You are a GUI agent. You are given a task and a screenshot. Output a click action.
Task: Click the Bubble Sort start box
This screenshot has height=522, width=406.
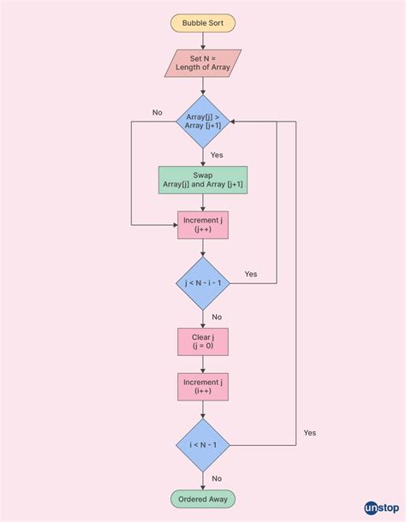point(203,23)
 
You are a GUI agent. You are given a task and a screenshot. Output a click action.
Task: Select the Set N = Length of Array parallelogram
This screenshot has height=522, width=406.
point(203,63)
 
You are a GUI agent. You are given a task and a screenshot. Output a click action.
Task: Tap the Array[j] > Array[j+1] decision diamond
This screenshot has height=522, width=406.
point(203,121)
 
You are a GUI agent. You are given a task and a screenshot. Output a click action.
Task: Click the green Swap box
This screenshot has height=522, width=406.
point(203,180)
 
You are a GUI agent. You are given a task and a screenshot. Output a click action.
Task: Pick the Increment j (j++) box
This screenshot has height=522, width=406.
point(203,225)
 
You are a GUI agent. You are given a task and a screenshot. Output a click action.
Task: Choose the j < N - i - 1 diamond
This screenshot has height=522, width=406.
point(203,283)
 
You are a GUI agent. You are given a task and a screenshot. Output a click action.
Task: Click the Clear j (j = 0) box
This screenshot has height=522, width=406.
point(203,341)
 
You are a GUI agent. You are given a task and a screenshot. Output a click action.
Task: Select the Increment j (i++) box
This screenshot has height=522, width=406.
point(203,387)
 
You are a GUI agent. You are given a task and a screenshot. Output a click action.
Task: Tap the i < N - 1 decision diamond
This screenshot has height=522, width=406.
point(203,445)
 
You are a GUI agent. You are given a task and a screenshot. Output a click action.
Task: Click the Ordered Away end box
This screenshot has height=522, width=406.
point(203,499)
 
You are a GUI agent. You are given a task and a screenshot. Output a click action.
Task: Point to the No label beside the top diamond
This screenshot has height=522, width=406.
point(158,112)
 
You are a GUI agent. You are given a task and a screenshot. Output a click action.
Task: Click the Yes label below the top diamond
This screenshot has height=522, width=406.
point(217,155)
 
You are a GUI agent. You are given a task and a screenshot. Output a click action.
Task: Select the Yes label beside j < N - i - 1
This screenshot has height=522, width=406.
point(250,274)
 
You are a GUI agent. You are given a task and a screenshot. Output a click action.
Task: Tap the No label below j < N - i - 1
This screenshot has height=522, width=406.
point(217,317)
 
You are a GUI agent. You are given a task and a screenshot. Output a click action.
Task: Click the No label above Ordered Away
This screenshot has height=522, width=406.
point(217,478)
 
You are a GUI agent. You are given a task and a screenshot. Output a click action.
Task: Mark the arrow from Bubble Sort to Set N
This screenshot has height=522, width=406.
point(203,41)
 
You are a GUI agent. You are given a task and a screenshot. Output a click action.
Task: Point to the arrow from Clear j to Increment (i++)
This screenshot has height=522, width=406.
point(203,365)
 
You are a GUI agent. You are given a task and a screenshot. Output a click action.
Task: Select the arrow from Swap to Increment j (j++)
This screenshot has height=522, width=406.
point(203,203)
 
